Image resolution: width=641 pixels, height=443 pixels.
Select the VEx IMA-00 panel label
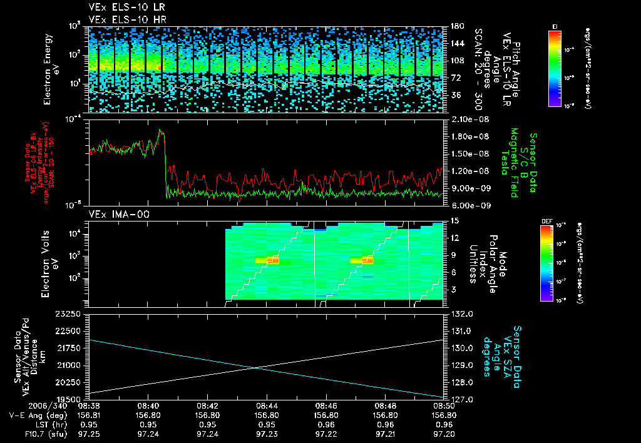113,215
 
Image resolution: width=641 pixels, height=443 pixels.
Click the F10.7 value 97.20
444,433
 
